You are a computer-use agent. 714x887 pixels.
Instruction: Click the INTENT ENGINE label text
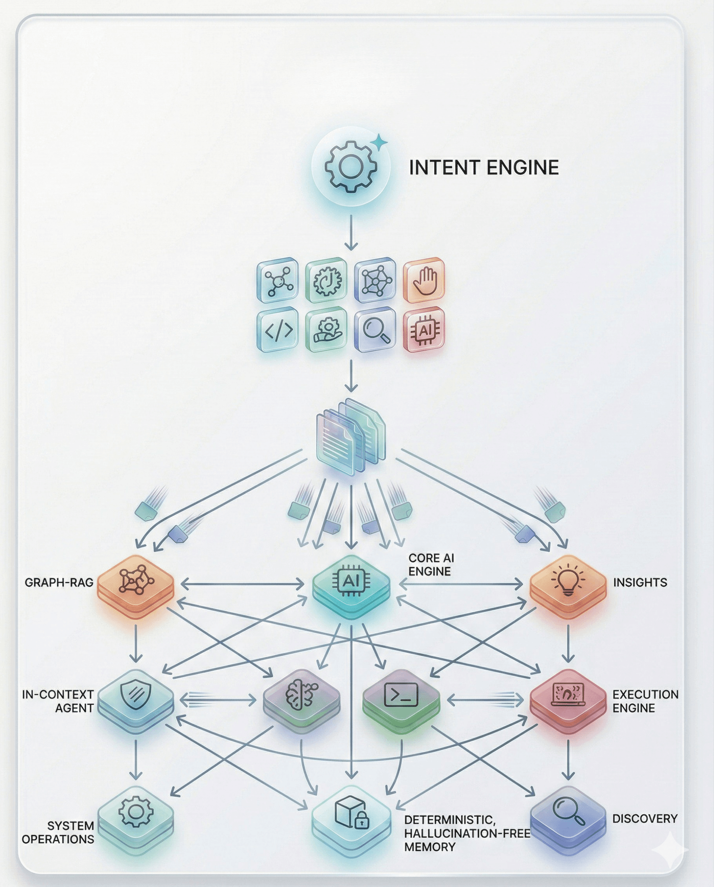coord(484,167)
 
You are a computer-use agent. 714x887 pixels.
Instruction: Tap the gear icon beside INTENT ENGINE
coord(350,166)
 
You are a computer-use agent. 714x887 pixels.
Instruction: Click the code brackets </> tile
coord(278,330)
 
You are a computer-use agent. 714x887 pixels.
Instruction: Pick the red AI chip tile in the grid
coord(424,330)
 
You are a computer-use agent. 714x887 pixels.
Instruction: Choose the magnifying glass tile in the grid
coord(375,330)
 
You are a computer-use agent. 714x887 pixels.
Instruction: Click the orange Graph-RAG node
coord(136,584)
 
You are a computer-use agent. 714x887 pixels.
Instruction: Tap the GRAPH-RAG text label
coord(59,582)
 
